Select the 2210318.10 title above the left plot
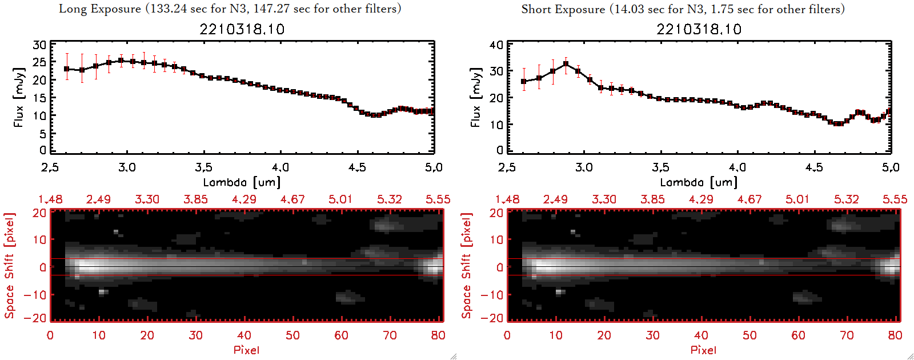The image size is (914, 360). point(242,29)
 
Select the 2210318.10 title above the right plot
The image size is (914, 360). point(699,29)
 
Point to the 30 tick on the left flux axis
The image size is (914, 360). point(39,45)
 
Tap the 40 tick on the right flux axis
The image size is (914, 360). point(496,45)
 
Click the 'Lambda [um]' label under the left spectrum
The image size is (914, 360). point(242,182)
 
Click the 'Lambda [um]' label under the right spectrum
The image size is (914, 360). point(699,182)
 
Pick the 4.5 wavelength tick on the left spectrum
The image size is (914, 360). point(357,167)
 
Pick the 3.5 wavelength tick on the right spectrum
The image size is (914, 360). point(660,167)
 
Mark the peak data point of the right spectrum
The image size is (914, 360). point(566,64)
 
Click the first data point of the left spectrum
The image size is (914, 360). point(67,69)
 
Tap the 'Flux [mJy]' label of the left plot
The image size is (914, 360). point(19,97)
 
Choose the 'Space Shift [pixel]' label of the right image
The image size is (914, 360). point(467,266)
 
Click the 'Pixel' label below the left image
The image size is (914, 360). point(246,350)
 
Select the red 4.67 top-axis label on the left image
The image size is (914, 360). point(292,199)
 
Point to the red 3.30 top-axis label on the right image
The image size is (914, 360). point(604,199)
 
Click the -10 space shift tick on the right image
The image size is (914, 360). point(492,294)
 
